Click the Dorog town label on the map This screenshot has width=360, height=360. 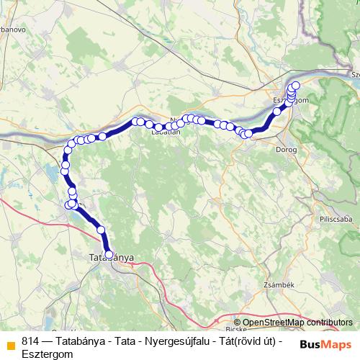click(286, 150)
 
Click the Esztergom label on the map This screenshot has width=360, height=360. click(292, 100)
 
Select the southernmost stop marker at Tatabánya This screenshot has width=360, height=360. click(109, 254)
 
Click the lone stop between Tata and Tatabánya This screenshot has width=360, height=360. click(101, 230)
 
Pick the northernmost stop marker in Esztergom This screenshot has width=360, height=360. click(294, 86)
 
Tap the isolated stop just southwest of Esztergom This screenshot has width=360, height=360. click(276, 112)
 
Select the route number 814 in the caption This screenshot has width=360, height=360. click(30, 341)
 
